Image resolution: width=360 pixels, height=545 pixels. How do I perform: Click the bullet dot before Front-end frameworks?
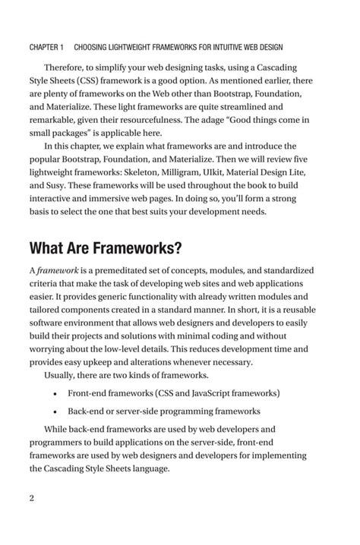(x=56, y=393)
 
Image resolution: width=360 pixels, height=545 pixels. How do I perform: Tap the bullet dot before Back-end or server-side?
(x=56, y=411)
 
